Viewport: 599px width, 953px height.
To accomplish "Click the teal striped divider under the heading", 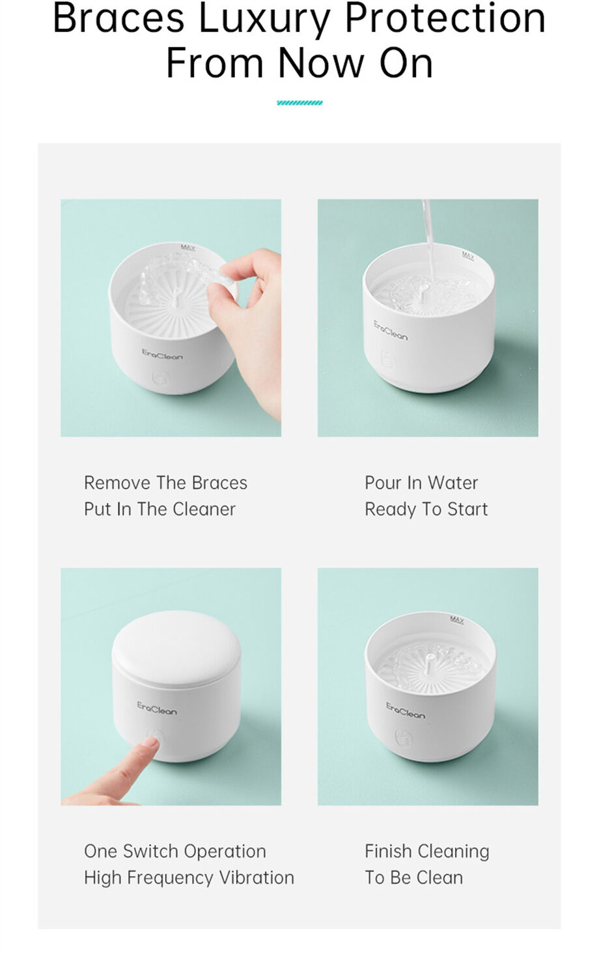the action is (x=299, y=103).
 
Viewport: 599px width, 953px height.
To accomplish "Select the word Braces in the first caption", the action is (x=219, y=483).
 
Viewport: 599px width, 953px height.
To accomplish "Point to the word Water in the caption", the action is (x=453, y=483).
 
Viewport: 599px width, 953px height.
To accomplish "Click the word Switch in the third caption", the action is (x=150, y=852).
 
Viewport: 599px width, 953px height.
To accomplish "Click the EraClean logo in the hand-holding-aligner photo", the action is (x=162, y=355).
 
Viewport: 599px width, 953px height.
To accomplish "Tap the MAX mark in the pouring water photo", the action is (x=468, y=255).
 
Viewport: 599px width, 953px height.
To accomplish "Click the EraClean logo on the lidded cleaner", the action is (x=157, y=708).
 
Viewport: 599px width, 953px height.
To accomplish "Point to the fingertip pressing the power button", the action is (x=151, y=742).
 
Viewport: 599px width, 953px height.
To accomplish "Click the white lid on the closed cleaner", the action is (x=176, y=644).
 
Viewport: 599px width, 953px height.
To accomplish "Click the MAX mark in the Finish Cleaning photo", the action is (x=457, y=620).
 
